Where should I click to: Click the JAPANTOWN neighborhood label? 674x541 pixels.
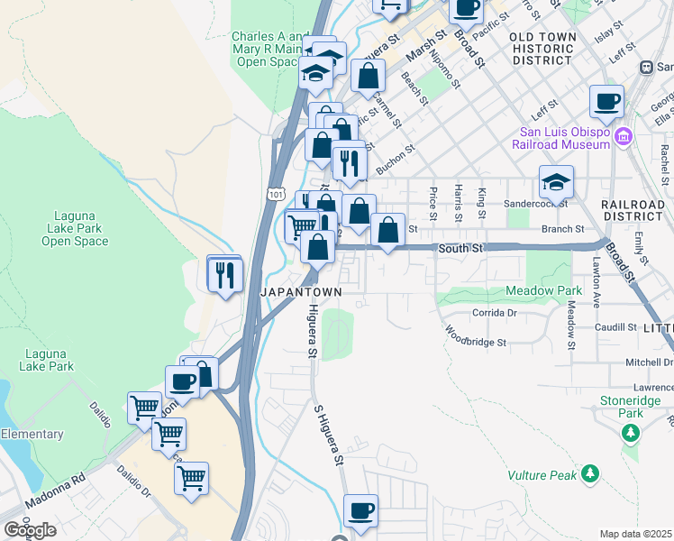pos(301,293)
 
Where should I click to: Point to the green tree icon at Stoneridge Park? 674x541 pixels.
pos(631,434)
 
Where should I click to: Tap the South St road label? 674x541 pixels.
pos(461,247)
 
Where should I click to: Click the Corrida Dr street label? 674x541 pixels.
pos(495,313)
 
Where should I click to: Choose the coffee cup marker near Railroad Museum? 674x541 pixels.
pos(606,101)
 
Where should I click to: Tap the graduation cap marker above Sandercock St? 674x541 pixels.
pos(557,182)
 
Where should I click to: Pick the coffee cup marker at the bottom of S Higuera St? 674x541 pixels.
pos(361,511)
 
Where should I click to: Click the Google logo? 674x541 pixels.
pos(30,530)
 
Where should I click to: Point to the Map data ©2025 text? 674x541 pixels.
pos(636,534)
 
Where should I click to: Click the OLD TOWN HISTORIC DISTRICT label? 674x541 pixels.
pos(542,48)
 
